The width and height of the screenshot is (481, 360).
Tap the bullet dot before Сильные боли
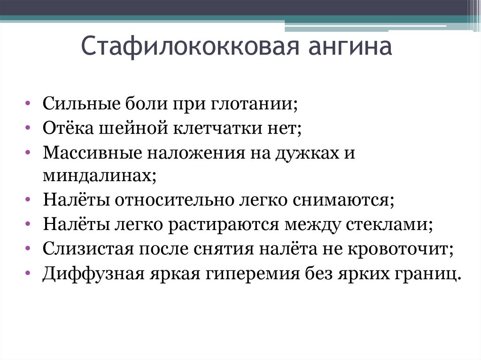click(x=29, y=103)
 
